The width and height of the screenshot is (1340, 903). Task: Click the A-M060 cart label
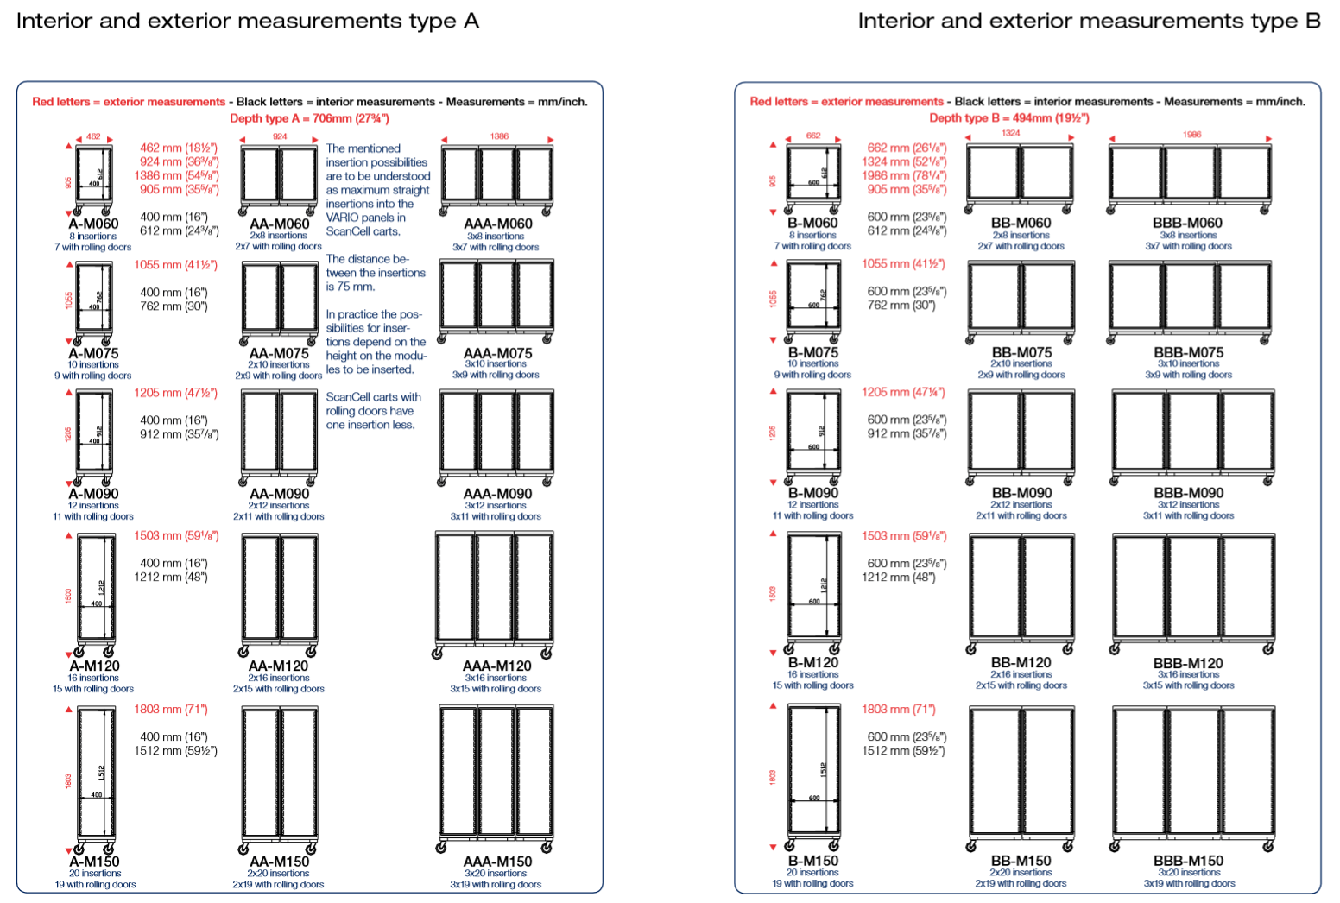click(x=93, y=224)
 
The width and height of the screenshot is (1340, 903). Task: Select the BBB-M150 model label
click(x=1188, y=861)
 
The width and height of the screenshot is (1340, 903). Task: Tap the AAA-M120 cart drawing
click(x=495, y=594)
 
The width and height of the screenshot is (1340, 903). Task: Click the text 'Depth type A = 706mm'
click(x=309, y=118)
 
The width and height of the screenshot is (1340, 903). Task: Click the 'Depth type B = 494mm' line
click(x=1008, y=118)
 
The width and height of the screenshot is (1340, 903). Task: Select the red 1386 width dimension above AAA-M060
click(x=499, y=136)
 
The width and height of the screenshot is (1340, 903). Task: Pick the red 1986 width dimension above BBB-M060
click(x=1191, y=135)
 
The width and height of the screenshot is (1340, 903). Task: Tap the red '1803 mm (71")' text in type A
click(x=170, y=709)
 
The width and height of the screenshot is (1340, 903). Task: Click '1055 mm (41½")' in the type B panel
click(x=902, y=264)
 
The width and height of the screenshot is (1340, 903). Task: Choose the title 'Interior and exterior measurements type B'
click(x=1089, y=21)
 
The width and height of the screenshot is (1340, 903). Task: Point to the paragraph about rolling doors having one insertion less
click(x=373, y=411)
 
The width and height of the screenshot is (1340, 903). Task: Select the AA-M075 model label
click(x=279, y=353)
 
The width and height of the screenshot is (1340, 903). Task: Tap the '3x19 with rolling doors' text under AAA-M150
click(x=495, y=884)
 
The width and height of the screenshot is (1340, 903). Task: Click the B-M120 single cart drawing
click(x=812, y=593)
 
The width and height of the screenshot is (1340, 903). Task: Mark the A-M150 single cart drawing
click(x=95, y=778)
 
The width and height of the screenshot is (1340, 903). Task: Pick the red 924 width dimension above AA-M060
click(x=280, y=136)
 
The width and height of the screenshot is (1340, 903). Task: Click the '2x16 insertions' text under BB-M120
click(x=1021, y=674)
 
